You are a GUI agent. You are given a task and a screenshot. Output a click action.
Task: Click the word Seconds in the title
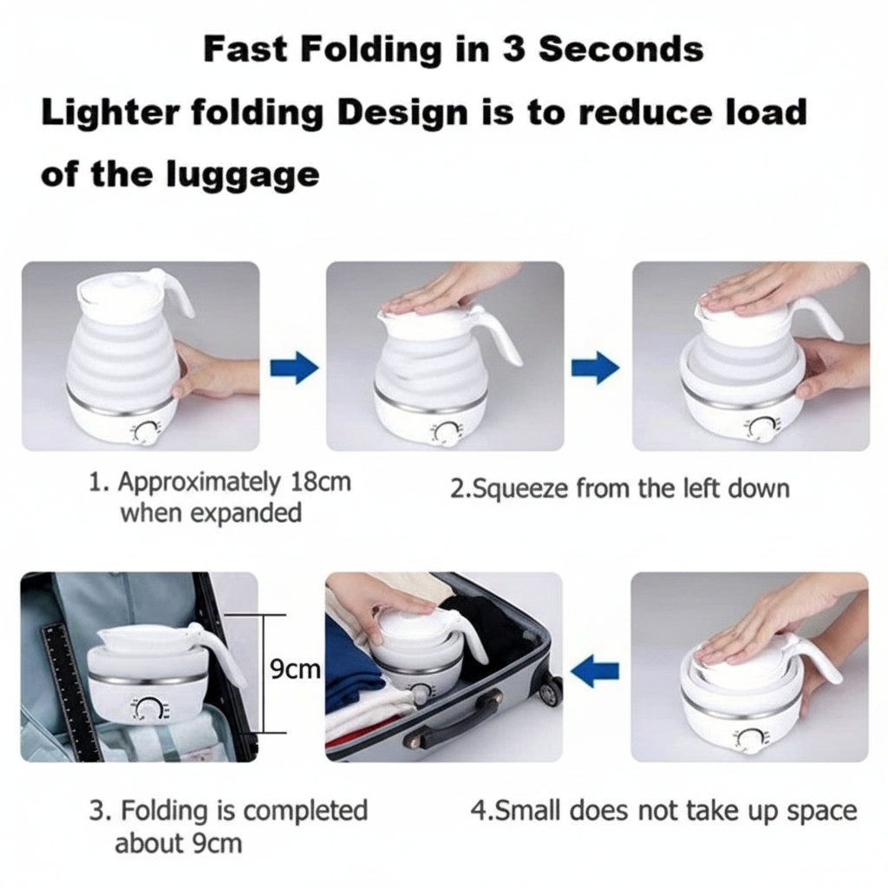click(621, 49)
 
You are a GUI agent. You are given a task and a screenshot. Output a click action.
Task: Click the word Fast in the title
click(246, 49)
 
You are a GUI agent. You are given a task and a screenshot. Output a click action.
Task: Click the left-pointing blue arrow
click(595, 669)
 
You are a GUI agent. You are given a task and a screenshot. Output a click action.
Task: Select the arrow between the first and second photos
click(294, 368)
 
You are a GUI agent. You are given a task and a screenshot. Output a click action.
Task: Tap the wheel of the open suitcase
click(550, 689)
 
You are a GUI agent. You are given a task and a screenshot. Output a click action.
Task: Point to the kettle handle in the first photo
click(177, 295)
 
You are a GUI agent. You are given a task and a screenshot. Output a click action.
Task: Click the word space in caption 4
click(820, 811)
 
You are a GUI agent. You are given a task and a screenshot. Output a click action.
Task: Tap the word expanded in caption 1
click(245, 513)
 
